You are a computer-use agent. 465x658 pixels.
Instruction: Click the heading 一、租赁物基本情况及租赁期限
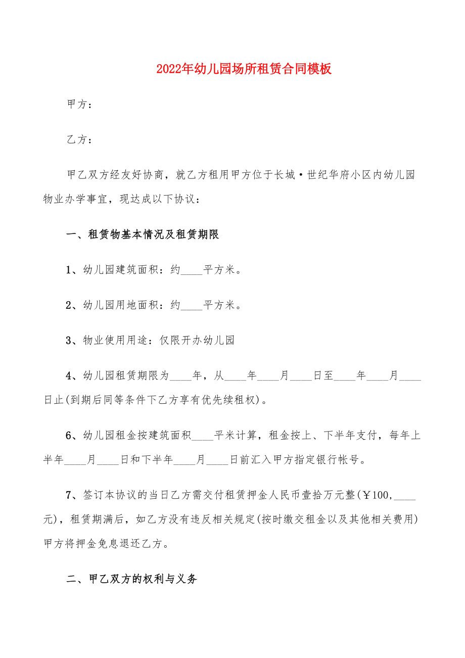[x=143, y=234]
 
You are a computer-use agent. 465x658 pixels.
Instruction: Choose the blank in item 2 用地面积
[x=192, y=305]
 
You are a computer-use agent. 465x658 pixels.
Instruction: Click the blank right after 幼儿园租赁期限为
[x=180, y=376]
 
